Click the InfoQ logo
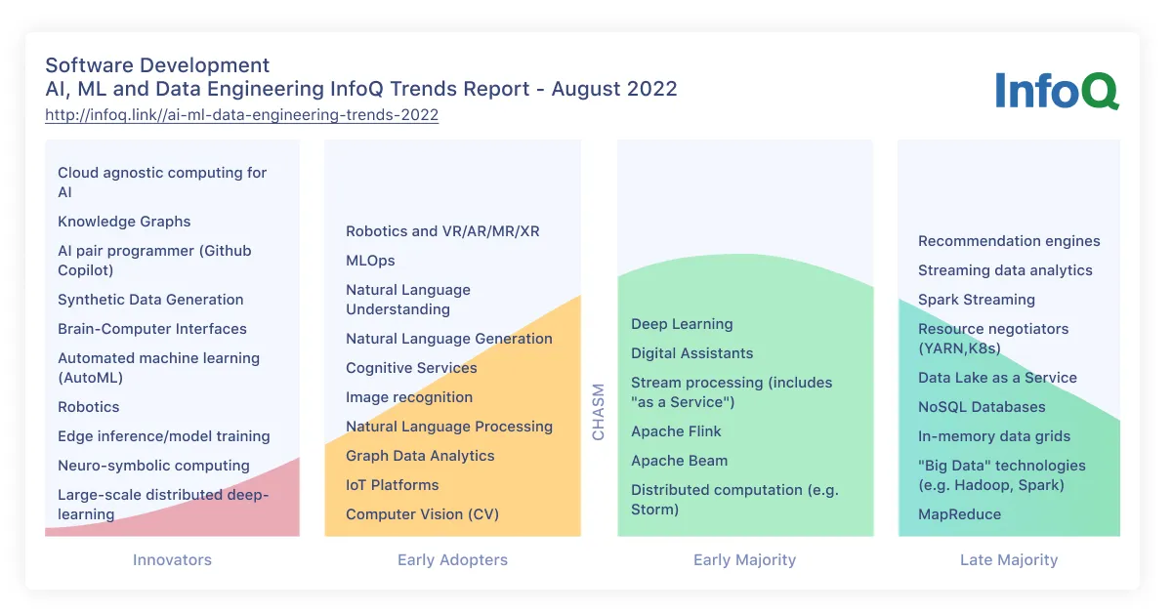point(1057,91)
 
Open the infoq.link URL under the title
point(241,115)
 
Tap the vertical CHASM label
point(599,412)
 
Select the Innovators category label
point(172,560)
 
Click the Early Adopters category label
point(452,560)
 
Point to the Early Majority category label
point(744,560)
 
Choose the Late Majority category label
point(1008,560)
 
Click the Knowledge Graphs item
point(124,222)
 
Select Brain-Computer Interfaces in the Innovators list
point(151,329)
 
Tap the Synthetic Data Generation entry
point(150,300)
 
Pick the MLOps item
point(370,261)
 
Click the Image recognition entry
point(409,397)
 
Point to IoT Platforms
point(392,485)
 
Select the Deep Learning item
point(682,324)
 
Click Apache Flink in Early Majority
point(676,431)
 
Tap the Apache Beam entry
point(679,461)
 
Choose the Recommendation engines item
point(1009,241)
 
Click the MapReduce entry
point(959,514)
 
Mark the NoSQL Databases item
point(982,407)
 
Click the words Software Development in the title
point(157,65)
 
